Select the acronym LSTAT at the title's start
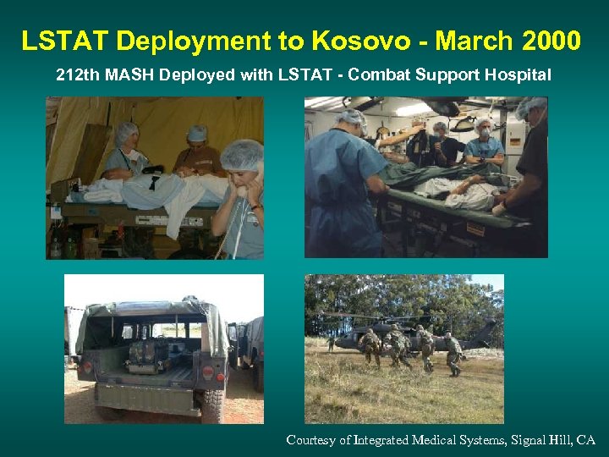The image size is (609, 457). click(64, 40)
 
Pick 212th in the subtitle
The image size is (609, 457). click(76, 75)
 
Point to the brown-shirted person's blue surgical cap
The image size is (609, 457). click(196, 134)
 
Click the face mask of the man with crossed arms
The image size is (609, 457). click(482, 133)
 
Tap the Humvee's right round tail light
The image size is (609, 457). click(208, 371)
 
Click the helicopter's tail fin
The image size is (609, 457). click(492, 332)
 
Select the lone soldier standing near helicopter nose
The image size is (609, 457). click(332, 343)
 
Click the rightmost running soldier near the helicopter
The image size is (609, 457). click(454, 353)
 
